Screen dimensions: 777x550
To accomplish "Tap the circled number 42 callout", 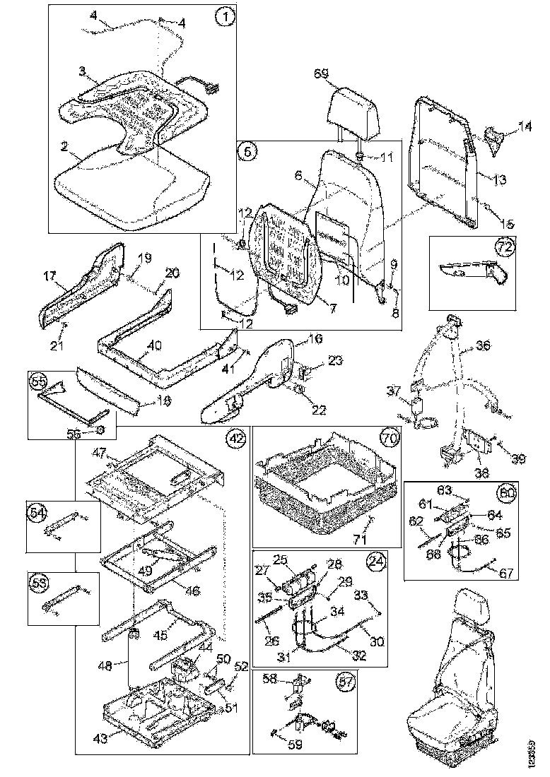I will pos(235,439).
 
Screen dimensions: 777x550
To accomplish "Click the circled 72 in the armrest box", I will pos(504,247).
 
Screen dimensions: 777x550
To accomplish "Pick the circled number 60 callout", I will pos(507,492).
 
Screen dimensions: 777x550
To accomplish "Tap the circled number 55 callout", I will pos(38,381).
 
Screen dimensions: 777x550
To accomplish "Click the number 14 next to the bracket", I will pos(525,126).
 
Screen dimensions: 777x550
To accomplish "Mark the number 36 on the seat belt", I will pos(483,346).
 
